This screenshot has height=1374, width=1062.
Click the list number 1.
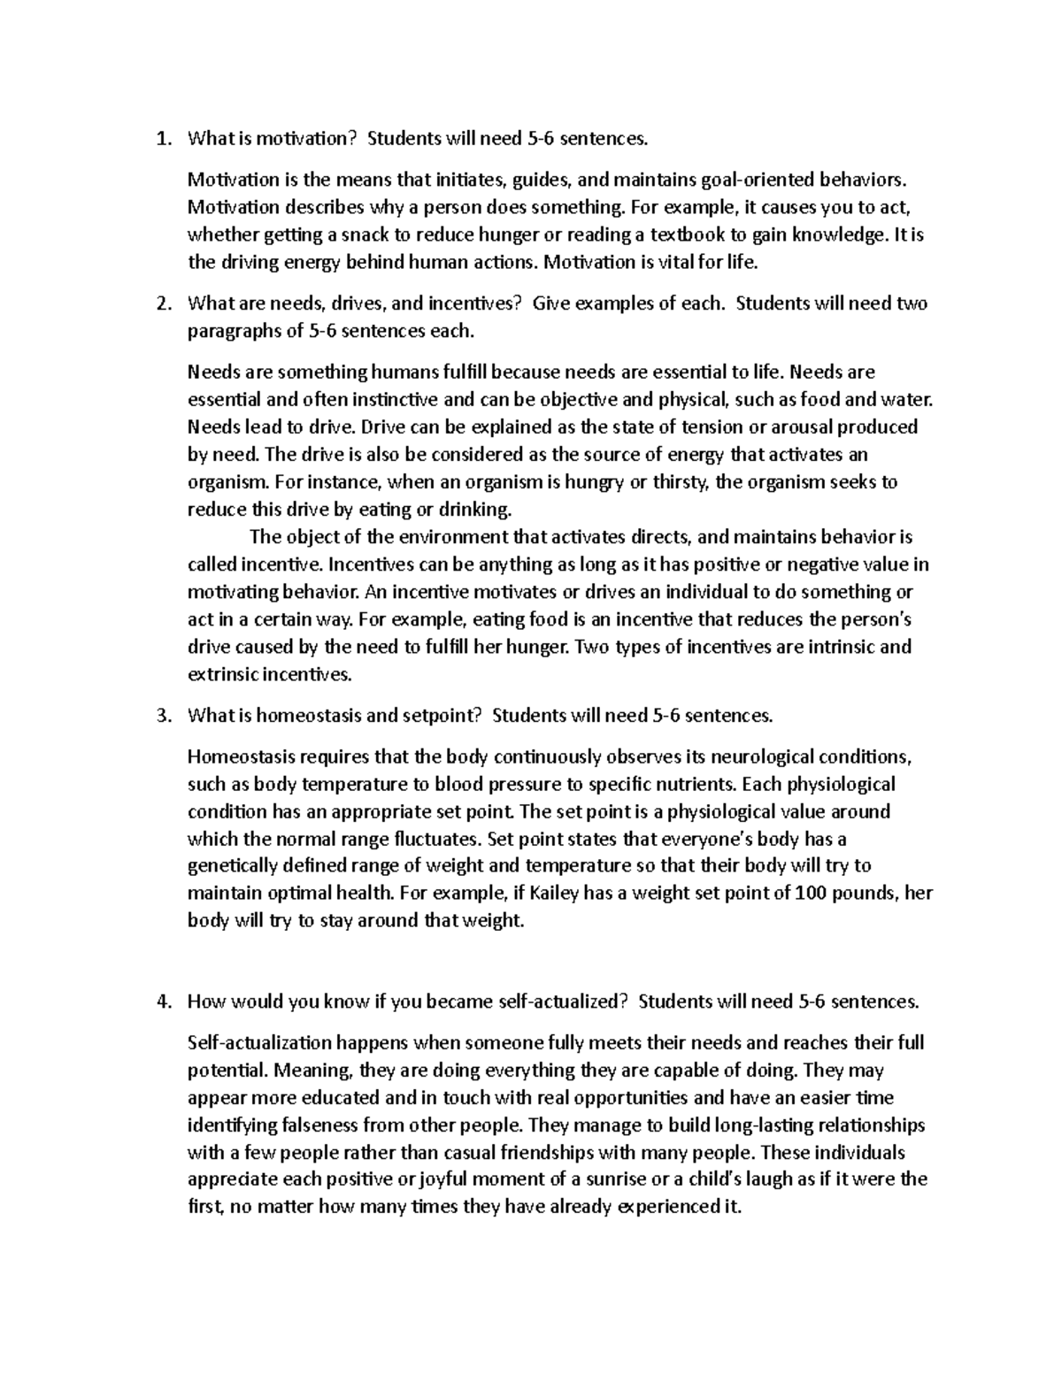(160, 138)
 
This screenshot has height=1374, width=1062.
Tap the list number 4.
(160, 1002)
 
